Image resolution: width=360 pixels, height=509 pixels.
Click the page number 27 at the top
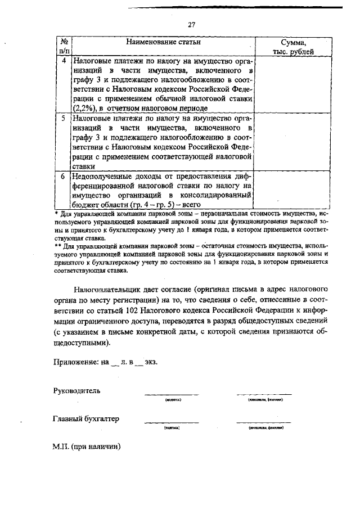191,25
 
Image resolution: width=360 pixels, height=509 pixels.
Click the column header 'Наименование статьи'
163,42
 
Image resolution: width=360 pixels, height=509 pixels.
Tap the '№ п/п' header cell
64,47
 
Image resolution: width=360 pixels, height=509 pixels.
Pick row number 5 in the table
64,119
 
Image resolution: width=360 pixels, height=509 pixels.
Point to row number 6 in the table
64,176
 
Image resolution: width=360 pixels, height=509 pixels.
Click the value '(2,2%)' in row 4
83,108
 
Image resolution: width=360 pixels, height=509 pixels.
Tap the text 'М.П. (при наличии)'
87,448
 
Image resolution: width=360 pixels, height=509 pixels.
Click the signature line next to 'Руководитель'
172,394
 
